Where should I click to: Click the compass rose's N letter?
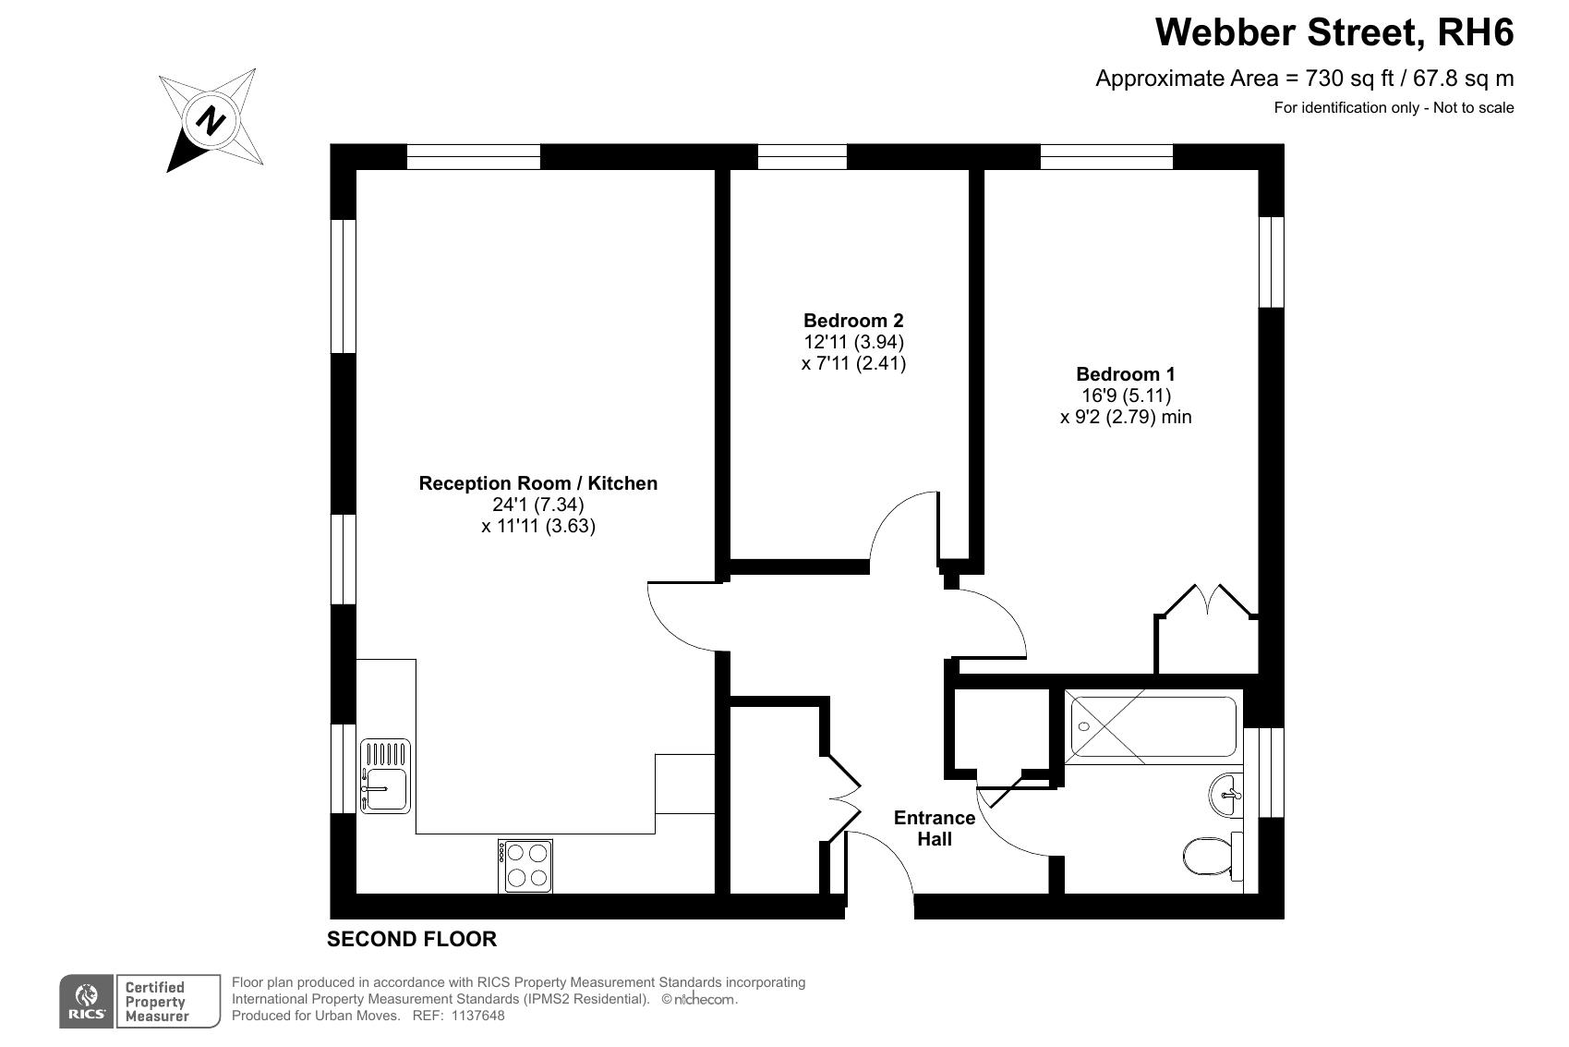point(211,120)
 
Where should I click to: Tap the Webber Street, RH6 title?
point(1334,32)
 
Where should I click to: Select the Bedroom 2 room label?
point(853,321)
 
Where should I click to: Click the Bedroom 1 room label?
point(1126,373)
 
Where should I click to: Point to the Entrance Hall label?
point(935,828)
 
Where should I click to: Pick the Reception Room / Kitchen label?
point(538,483)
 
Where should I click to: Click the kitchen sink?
point(385,776)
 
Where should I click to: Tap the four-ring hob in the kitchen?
point(525,866)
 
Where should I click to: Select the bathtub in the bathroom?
point(1153,726)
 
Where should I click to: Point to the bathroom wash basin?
point(1225,795)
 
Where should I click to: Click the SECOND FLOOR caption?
point(412,939)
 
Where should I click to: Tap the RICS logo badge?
point(86,1002)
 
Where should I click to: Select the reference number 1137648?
point(477,1016)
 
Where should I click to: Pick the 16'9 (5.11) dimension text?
point(1127,396)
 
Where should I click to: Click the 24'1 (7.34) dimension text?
point(538,505)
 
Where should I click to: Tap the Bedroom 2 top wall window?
point(803,157)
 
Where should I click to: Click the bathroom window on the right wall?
point(1272,773)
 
